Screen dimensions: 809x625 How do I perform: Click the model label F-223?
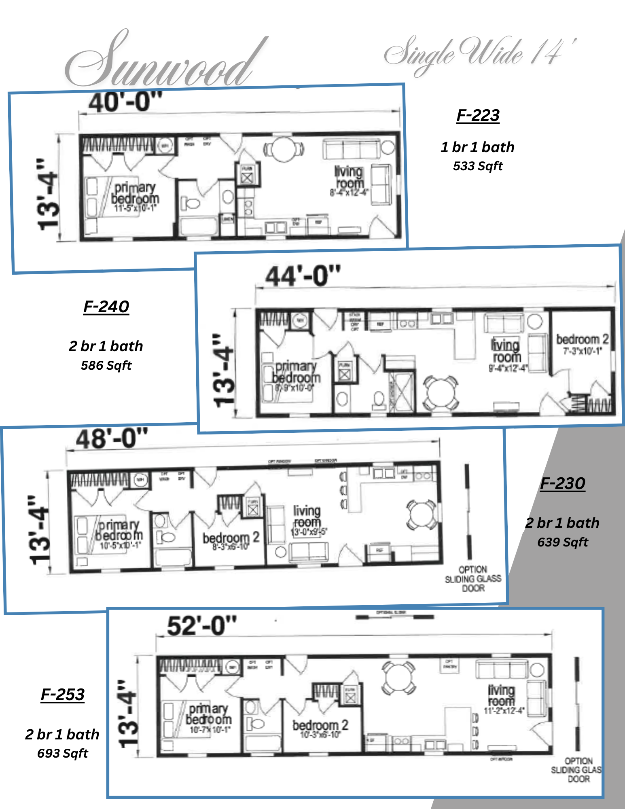478,116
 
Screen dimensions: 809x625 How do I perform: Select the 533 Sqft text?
478,166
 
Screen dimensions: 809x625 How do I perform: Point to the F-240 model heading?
106,307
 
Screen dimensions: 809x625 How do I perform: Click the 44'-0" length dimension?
303,277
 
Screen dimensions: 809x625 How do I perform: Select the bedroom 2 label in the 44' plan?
582,340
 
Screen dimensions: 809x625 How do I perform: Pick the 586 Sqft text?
106,366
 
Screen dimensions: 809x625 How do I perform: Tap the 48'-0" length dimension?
112,438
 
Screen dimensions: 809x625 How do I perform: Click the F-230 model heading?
563,484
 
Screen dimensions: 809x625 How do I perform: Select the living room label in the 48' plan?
307,517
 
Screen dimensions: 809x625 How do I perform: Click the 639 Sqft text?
563,542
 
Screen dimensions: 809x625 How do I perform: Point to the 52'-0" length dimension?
201,626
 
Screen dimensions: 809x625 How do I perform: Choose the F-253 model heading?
63,695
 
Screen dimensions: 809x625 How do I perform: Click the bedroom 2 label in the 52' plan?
320,725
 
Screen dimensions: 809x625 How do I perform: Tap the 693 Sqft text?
63,754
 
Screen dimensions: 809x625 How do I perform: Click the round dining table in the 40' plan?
284,149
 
